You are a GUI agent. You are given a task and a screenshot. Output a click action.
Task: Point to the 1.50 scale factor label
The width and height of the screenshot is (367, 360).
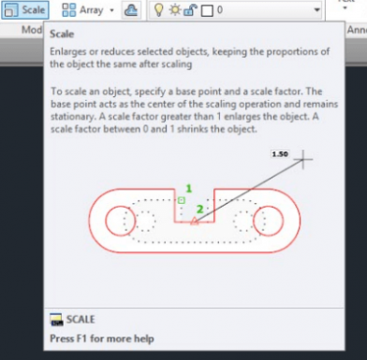[278, 151]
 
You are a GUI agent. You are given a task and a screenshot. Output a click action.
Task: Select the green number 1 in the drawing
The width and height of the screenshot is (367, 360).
[188, 188]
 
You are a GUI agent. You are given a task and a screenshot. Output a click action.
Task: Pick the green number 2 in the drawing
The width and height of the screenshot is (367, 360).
[198, 209]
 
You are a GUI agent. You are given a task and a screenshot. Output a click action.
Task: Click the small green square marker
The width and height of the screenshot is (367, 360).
[182, 200]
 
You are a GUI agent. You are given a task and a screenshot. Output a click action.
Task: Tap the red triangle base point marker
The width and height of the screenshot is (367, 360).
[194, 222]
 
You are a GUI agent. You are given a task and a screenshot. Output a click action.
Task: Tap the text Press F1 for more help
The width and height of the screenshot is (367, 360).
[102, 338]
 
